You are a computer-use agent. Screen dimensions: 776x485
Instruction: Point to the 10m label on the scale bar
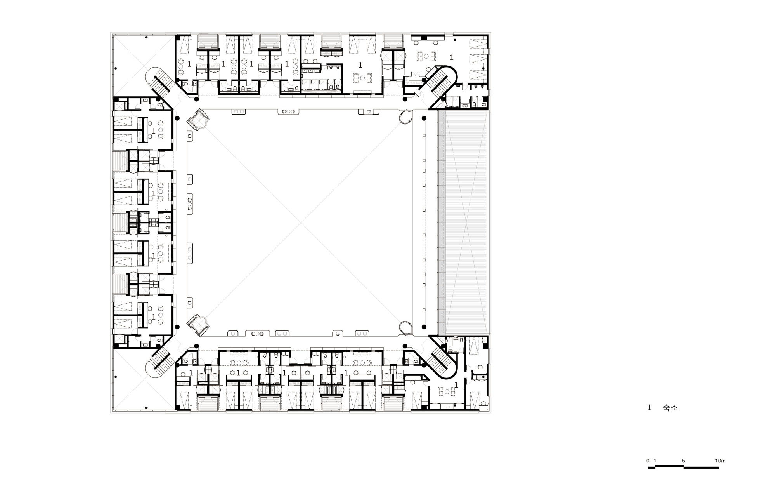(720, 461)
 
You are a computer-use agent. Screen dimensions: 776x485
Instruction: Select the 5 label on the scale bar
(684, 461)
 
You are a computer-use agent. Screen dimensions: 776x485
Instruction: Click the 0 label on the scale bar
(648, 461)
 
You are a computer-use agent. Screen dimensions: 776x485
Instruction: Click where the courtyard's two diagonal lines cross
(301, 223)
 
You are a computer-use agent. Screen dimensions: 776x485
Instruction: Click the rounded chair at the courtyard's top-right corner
(406, 116)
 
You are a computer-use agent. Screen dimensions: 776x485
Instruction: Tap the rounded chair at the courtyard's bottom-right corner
(406, 328)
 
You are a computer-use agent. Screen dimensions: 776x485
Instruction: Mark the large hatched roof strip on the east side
(463, 222)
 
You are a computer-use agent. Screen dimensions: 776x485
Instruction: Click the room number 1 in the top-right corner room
(451, 57)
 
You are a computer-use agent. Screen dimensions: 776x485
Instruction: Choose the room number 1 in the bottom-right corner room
(456, 384)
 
